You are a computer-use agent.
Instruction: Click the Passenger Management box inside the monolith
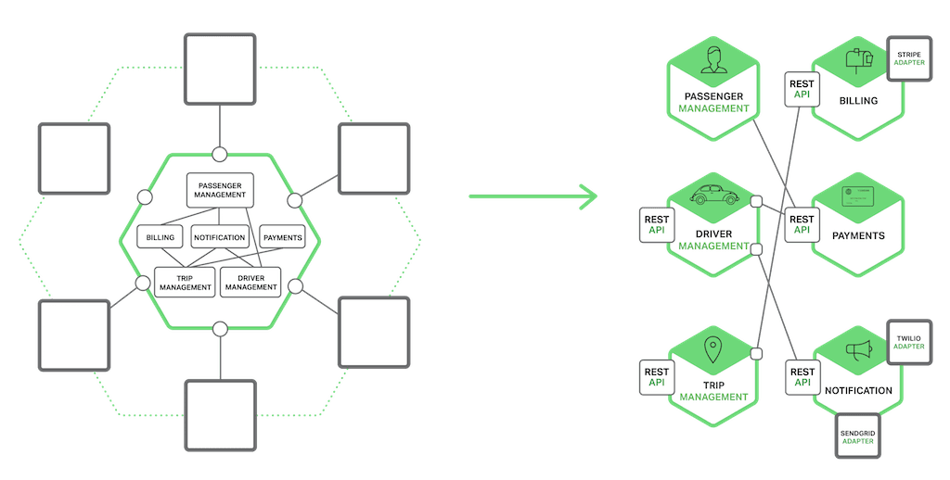[x=220, y=189]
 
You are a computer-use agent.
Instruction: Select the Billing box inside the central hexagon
[x=160, y=237]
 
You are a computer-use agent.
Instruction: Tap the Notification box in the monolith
[x=220, y=237]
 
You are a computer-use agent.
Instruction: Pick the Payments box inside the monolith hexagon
[x=282, y=237]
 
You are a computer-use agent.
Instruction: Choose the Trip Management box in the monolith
[x=185, y=282]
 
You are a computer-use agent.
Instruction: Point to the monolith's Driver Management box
[x=251, y=282]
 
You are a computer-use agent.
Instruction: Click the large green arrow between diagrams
[x=534, y=196]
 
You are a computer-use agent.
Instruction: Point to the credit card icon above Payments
[x=857, y=196]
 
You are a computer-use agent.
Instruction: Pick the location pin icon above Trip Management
[x=712, y=350]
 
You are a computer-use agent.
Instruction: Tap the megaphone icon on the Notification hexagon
[x=857, y=349]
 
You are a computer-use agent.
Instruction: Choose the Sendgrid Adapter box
[x=858, y=436]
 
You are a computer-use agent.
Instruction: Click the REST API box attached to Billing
[x=801, y=89]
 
